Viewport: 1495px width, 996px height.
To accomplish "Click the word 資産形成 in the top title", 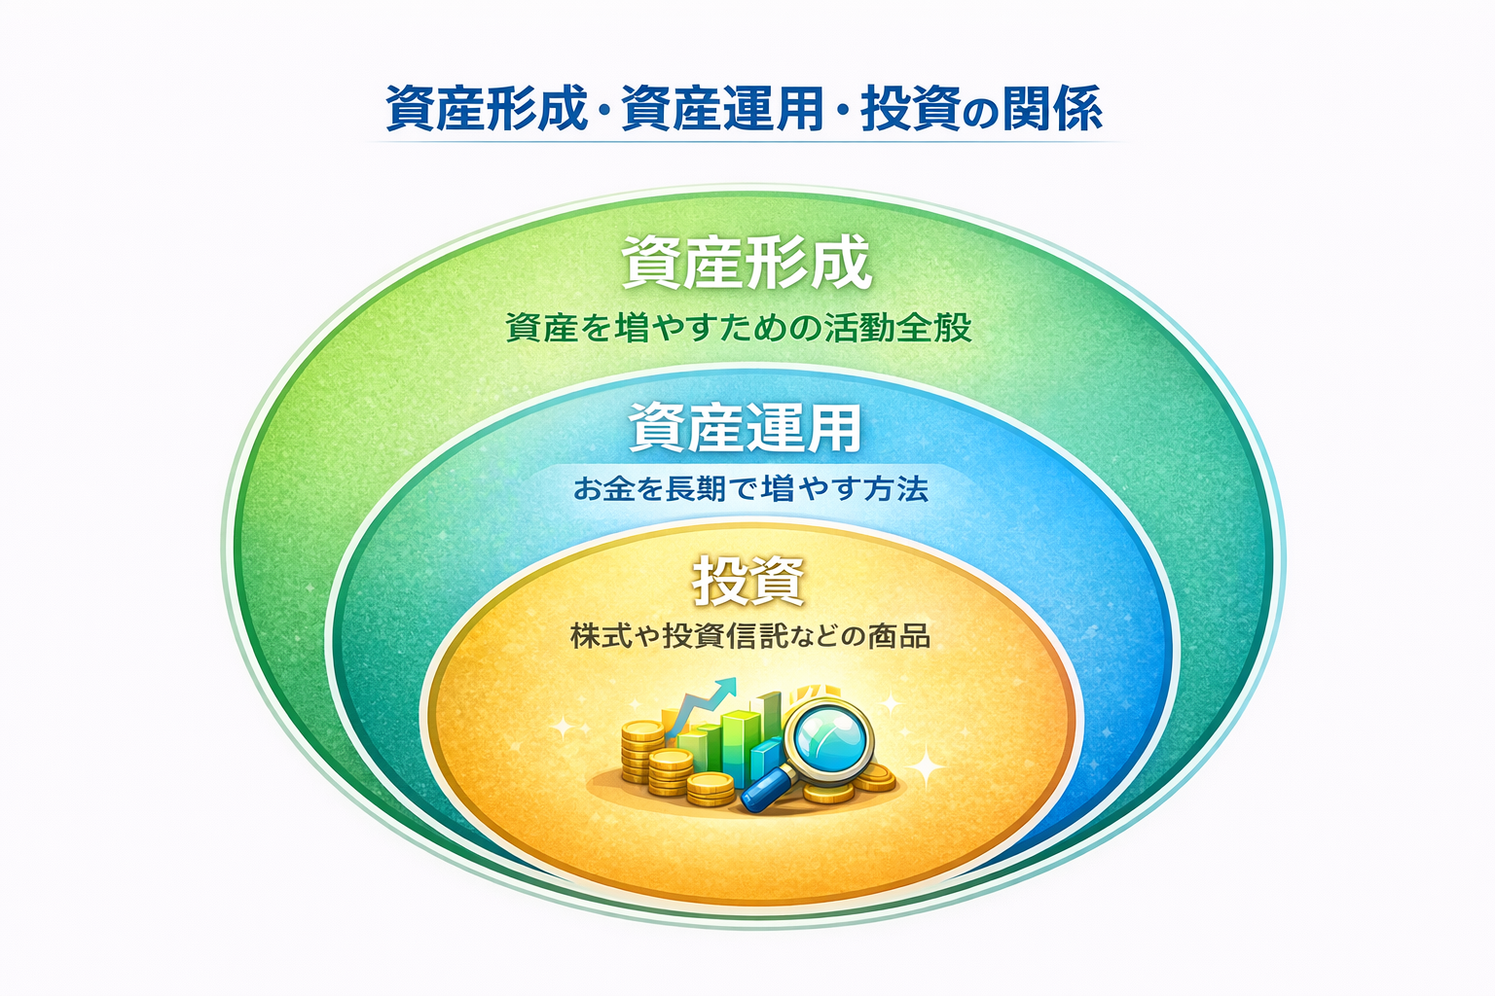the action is (486, 109).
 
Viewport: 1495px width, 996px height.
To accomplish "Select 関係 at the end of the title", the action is (1051, 109).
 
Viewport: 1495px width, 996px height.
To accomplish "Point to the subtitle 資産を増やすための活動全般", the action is (738, 328).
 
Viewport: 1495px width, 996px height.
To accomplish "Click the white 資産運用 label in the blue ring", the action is (745, 428).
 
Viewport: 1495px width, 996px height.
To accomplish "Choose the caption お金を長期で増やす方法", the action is (750, 489).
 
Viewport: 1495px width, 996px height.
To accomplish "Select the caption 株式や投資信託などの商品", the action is (750, 636).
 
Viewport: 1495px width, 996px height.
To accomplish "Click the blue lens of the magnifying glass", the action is (828, 739).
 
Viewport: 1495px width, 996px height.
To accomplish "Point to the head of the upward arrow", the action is (725, 687).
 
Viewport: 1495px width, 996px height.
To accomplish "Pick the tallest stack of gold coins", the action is (641, 752).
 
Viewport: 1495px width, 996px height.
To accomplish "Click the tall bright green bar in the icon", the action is (741, 749).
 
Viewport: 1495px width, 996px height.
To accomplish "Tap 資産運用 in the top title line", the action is (722, 109).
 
